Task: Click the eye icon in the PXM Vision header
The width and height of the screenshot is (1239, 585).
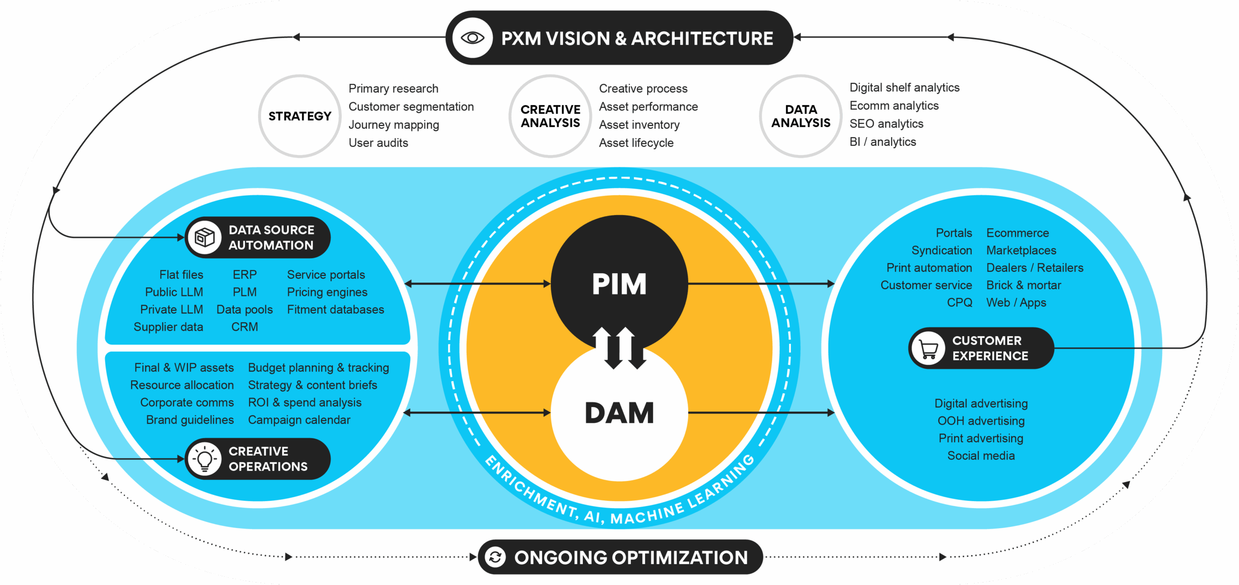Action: coord(472,38)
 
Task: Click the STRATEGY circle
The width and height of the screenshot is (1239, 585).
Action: coord(300,116)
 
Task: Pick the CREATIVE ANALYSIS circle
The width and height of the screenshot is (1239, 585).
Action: coord(550,116)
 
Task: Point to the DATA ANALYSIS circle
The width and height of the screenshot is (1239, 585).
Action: coord(801,116)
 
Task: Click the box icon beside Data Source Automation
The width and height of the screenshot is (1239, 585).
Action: coord(204,237)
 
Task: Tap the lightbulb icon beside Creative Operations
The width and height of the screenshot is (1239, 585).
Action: coord(204,459)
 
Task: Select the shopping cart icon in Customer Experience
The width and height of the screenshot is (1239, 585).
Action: coord(928,348)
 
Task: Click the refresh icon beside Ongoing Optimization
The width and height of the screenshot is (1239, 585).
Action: coord(495,557)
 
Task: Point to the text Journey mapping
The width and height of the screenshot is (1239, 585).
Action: coord(393,125)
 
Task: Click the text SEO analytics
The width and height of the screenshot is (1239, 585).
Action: coord(886,124)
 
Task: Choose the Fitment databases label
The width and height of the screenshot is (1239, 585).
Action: coord(335,309)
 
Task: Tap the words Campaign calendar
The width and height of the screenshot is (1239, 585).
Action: coord(299,420)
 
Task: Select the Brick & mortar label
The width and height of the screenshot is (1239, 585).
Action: coord(1024,285)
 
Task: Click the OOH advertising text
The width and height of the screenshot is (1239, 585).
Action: coord(981,421)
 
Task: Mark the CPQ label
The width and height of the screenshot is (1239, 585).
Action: coord(959,303)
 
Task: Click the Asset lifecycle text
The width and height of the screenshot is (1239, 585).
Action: coord(636,143)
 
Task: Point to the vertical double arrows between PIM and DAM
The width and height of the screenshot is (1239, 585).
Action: coord(619,348)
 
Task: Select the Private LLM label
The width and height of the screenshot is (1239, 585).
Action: coord(171,309)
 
